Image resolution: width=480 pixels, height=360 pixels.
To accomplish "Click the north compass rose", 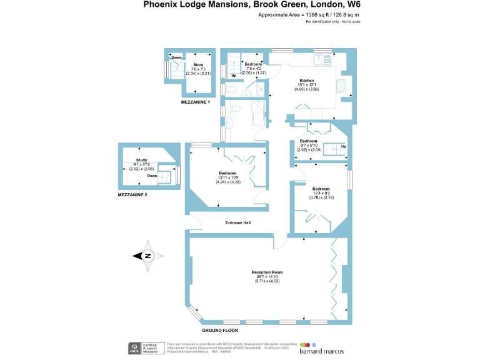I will [148, 255].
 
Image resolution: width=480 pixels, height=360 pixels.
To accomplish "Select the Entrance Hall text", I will [237, 222].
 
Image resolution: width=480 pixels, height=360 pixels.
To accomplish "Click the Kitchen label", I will [306, 81].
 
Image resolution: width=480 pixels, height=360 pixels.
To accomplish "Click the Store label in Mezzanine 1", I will [198, 64].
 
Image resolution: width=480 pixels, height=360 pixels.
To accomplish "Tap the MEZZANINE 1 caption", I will [195, 102].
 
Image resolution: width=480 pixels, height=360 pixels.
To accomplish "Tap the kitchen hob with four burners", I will [343, 85].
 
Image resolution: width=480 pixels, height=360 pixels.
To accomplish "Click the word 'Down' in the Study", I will [152, 176].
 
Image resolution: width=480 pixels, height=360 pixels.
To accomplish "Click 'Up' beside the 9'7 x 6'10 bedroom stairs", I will [343, 147].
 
